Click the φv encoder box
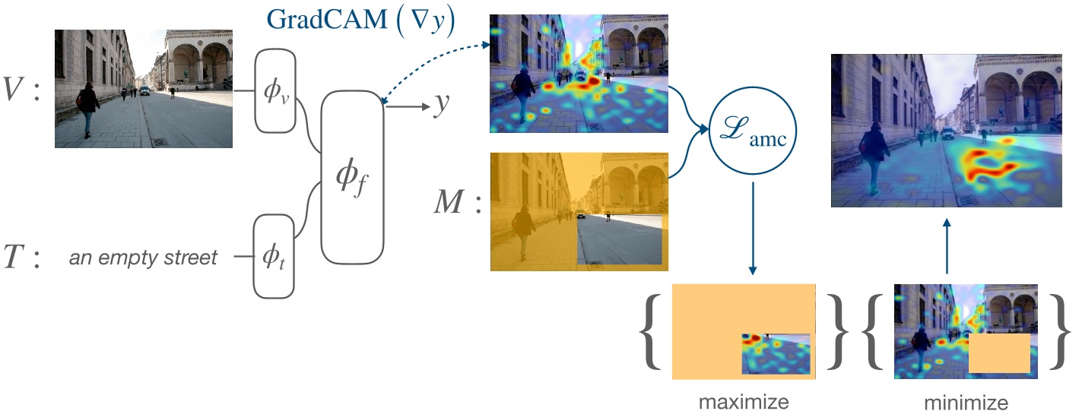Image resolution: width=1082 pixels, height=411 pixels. click(274, 90)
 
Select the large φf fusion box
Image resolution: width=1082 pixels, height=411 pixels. click(351, 176)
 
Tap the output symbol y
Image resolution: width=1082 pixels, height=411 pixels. click(440, 106)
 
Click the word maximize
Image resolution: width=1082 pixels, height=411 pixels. click(743, 398)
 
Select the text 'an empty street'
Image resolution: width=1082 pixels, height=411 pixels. click(143, 258)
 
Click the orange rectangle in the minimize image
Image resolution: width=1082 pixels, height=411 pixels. click(998, 353)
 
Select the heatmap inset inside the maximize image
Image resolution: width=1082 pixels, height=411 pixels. click(776, 353)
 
